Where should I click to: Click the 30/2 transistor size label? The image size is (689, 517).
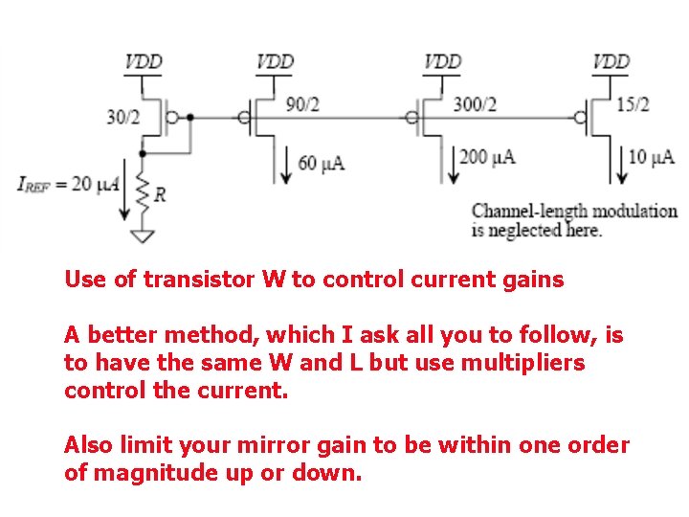pos(122,118)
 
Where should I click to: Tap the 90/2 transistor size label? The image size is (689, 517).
pos(302,104)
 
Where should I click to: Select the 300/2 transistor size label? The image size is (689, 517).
pos(476,104)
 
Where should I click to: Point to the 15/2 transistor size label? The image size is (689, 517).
pos(633,104)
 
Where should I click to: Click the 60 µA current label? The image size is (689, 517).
pos(322,163)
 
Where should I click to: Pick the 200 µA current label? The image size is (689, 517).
pos(488,156)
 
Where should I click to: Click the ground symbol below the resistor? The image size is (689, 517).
pos(143,235)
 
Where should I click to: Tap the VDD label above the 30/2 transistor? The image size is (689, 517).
pos(144,62)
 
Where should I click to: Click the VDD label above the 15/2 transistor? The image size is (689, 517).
pos(611,62)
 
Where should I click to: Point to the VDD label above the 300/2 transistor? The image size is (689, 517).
pos(442,62)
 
